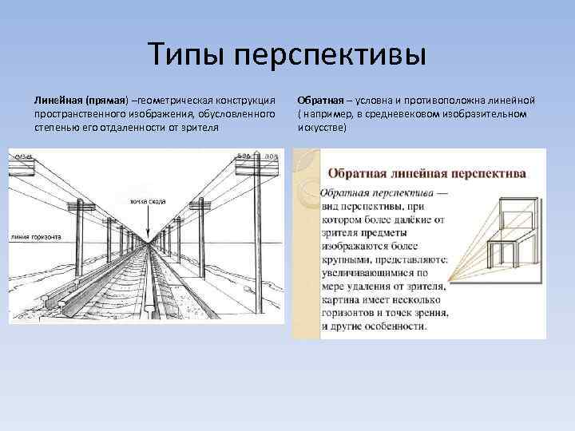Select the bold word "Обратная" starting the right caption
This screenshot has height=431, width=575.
tap(319, 101)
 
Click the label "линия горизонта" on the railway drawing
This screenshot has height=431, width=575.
tap(36, 238)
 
